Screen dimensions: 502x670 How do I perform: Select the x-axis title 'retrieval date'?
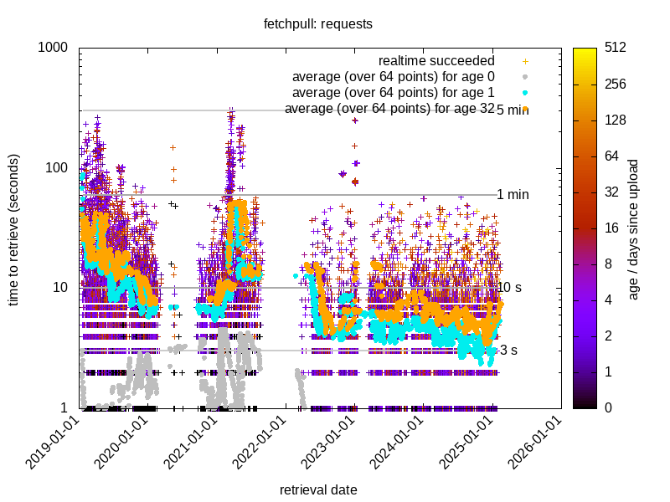point(318,489)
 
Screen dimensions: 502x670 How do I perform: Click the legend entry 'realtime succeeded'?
point(436,61)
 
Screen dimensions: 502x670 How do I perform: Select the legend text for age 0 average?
point(393,77)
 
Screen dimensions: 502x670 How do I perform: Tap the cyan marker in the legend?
point(525,93)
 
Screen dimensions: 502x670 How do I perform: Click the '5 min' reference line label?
point(513,110)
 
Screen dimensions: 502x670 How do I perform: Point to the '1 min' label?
point(513,195)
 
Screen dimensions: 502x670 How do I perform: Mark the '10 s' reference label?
point(510,288)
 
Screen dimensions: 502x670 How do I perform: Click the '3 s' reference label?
point(507,351)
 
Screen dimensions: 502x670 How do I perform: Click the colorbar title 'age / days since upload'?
point(635,228)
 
